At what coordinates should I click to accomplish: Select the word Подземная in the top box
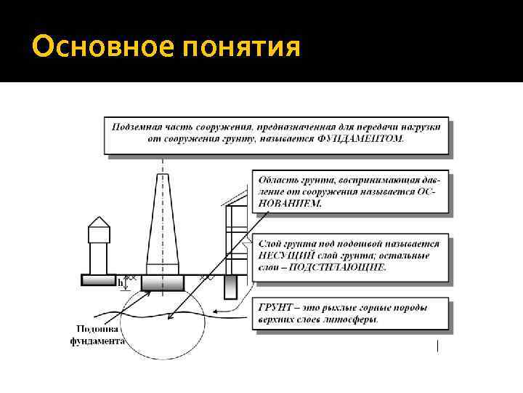(x=137, y=126)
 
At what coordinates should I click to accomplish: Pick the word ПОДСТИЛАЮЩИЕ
(x=349, y=267)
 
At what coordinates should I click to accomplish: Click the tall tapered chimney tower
(x=163, y=226)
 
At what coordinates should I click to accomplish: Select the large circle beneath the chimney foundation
(x=163, y=327)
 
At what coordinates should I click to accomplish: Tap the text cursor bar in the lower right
(x=438, y=346)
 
